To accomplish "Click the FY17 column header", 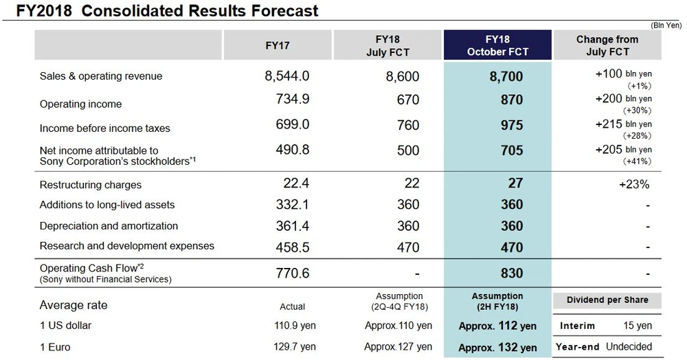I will [x=277, y=46].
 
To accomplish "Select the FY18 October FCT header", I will [x=497, y=45].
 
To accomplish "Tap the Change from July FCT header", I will [x=607, y=45].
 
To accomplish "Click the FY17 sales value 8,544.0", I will [x=287, y=76].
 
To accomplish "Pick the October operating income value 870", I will [x=511, y=100].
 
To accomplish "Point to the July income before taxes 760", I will [x=407, y=126].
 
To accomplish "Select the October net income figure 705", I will [x=511, y=150].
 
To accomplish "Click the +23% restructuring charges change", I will [x=633, y=184].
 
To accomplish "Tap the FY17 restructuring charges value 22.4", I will [x=297, y=183].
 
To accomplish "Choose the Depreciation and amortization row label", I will [x=109, y=226].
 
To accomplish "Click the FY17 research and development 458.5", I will [x=291, y=246].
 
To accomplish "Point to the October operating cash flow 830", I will [x=511, y=273].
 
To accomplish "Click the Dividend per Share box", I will [x=607, y=300].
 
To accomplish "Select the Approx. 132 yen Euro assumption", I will [x=497, y=347].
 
